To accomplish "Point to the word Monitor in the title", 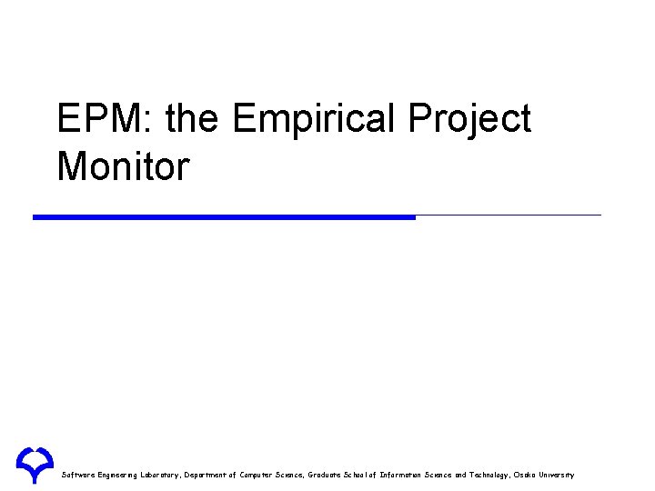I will pyautogui.click(x=123, y=166).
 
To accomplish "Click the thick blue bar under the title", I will pyautogui.click(x=224, y=217).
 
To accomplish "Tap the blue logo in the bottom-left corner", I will pyautogui.click(x=35, y=464).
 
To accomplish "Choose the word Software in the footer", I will pyautogui.click(x=78, y=475).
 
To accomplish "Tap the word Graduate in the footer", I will pyautogui.click(x=327, y=475).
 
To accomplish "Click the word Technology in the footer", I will pyautogui.click(x=489, y=475).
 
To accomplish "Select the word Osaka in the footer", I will pyautogui.click(x=526, y=475).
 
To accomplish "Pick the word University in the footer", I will pyautogui.click(x=558, y=475).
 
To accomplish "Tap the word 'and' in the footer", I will pyautogui.click(x=460, y=475).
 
